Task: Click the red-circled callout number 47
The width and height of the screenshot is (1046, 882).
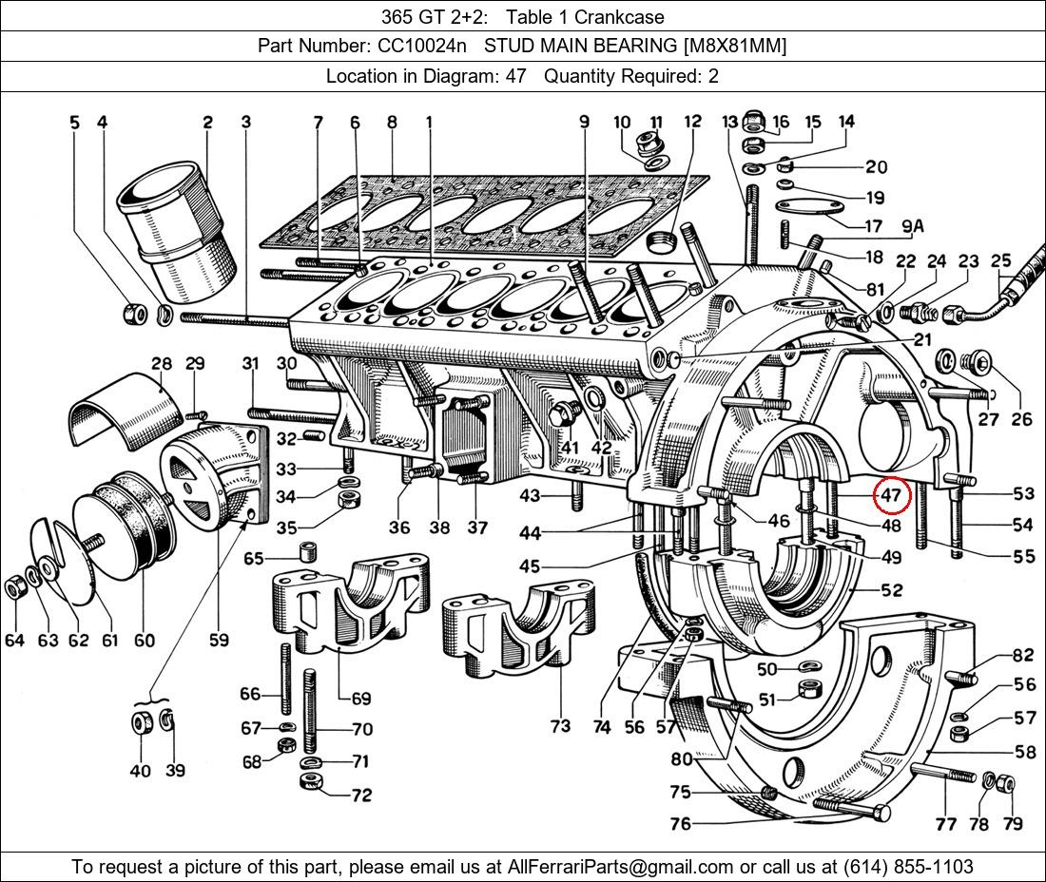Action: (x=891, y=495)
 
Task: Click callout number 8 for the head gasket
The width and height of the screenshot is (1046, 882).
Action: (x=391, y=123)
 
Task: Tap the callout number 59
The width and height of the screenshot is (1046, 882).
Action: (x=219, y=640)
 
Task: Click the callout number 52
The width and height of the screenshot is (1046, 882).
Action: (x=891, y=590)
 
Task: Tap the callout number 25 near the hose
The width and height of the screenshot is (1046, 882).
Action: (x=1000, y=260)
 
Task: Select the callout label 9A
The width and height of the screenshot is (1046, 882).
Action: (x=912, y=226)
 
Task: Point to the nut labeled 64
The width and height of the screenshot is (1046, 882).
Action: (x=15, y=587)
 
